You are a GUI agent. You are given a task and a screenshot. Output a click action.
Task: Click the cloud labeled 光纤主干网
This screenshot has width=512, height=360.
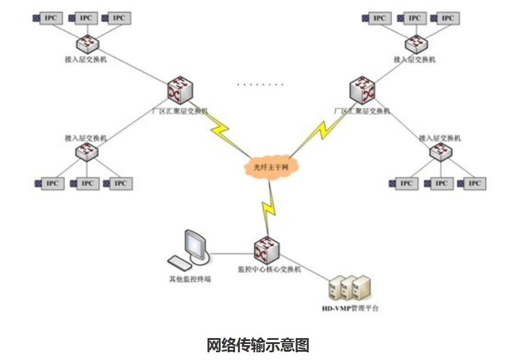269,167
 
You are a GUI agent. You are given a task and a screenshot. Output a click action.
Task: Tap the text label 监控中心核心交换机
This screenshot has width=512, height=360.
269,269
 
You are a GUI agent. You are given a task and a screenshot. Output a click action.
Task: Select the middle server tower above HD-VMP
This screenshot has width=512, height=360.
349,287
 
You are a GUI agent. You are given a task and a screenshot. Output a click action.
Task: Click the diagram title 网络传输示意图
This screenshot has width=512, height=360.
257,345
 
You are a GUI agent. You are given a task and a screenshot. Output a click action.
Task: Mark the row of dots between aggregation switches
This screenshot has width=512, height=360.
260,85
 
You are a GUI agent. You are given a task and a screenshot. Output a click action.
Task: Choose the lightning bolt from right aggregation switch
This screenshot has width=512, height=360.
320,130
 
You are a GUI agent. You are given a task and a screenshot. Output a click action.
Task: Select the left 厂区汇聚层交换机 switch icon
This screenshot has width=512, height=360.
179,90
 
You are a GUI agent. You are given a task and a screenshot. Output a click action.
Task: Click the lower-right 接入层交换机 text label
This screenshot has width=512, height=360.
439,138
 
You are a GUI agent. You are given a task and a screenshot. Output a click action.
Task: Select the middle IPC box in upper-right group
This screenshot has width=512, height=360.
414,18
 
